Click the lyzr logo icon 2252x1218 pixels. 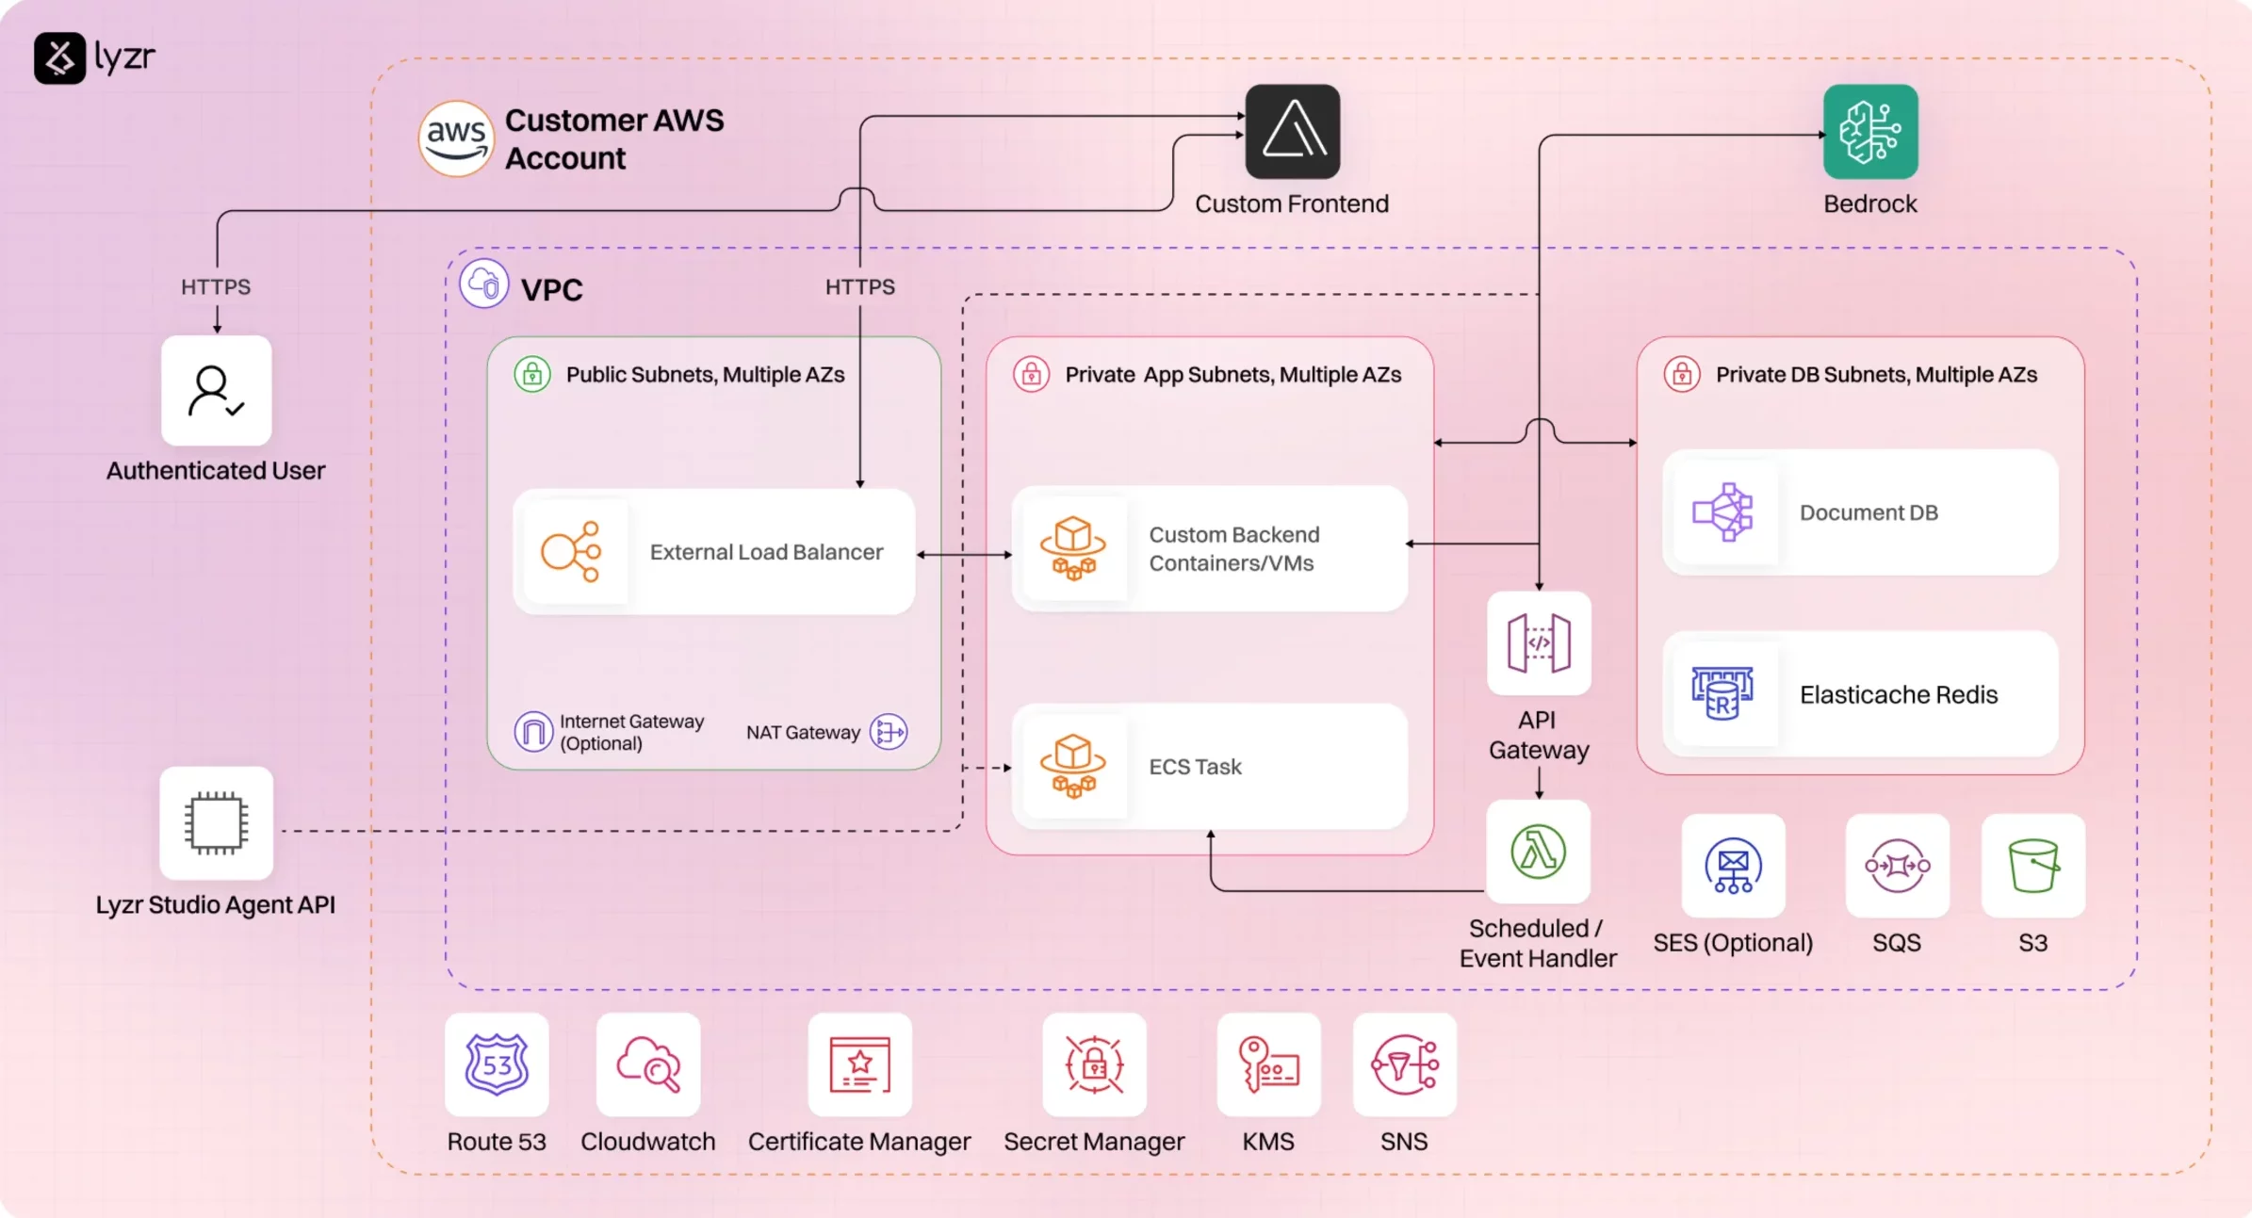59,58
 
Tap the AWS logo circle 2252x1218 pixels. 456,139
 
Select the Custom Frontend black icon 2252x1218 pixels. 1292,132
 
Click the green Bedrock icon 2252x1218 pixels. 1869,132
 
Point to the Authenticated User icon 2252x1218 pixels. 216,391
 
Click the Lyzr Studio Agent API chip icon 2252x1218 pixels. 216,823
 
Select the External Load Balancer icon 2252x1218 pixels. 571,552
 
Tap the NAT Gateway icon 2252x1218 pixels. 889,732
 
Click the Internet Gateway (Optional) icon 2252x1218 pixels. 533,732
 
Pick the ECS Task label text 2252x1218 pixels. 1195,767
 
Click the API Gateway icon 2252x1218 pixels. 1538,643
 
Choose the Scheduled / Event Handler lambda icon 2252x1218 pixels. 1538,852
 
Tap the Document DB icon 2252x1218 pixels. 1722,512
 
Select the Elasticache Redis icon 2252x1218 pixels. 1722,694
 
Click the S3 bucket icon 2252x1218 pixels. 2032,866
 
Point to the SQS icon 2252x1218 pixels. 1897,866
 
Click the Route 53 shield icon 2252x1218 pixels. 497,1064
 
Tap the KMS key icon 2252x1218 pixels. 1268,1064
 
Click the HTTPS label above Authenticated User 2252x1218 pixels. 216,287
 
